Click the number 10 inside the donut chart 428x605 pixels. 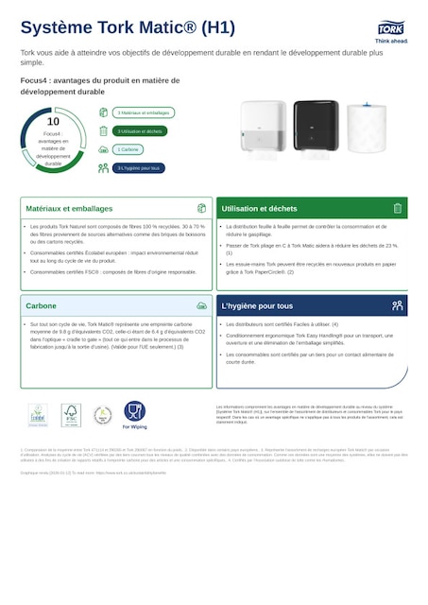click(x=53, y=122)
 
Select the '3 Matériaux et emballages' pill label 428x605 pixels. click(x=144, y=112)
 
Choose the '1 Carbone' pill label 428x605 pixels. click(x=128, y=149)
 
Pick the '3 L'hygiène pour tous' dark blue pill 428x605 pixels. click(x=140, y=167)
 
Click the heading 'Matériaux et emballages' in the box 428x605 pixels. click(x=69, y=208)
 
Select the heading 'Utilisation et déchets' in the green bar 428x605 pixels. click(x=259, y=208)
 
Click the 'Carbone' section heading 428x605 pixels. click(x=41, y=305)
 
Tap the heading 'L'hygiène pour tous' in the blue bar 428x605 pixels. click(x=257, y=305)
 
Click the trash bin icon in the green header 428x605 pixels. click(x=398, y=208)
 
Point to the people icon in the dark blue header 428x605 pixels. click(x=398, y=305)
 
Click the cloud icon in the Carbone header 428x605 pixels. click(x=201, y=305)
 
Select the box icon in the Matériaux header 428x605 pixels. click(x=201, y=208)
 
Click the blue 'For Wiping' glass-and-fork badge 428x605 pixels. click(x=134, y=413)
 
